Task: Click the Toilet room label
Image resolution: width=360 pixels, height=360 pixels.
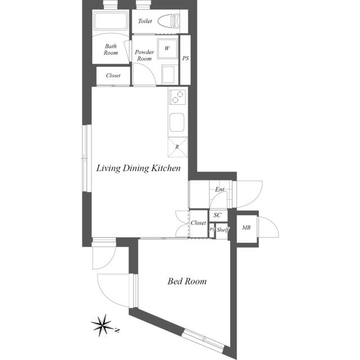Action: (x=145, y=21)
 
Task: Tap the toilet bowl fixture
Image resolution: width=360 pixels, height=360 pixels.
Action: (x=169, y=21)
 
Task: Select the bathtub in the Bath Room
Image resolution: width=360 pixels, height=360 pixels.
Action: (x=111, y=21)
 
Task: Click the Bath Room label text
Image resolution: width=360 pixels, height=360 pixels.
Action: (x=111, y=49)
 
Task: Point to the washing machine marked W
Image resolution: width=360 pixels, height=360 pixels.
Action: (x=167, y=48)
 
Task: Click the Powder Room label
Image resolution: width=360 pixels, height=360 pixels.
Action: (x=145, y=55)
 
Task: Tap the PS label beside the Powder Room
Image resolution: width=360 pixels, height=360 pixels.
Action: (x=186, y=58)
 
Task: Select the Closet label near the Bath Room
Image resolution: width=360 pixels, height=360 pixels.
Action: (x=113, y=75)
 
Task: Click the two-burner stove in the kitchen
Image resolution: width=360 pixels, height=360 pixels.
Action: (x=178, y=97)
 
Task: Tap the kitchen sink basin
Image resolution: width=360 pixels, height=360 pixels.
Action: (x=177, y=122)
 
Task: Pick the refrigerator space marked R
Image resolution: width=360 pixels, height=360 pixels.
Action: (x=178, y=147)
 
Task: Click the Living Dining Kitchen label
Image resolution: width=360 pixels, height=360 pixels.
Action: (x=138, y=168)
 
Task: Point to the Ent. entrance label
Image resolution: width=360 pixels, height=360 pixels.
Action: (x=220, y=190)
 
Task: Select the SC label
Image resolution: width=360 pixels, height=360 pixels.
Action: (x=218, y=215)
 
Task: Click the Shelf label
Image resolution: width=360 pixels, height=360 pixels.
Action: (x=223, y=229)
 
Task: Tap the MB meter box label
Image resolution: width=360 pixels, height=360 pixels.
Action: (x=246, y=227)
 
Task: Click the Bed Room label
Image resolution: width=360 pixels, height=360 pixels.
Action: (x=187, y=281)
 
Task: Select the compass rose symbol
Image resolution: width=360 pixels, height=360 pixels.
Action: (x=102, y=325)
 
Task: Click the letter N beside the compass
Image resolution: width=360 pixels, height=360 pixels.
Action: (x=118, y=331)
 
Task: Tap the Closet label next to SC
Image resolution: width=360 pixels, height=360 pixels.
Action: (x=199, y=223)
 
